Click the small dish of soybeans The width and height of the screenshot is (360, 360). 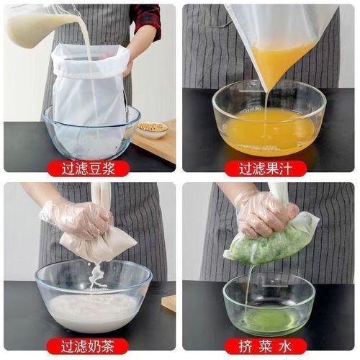point(152,130)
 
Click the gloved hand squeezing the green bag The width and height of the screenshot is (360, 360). point(263,212)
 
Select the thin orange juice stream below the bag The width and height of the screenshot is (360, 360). point(265,108)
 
